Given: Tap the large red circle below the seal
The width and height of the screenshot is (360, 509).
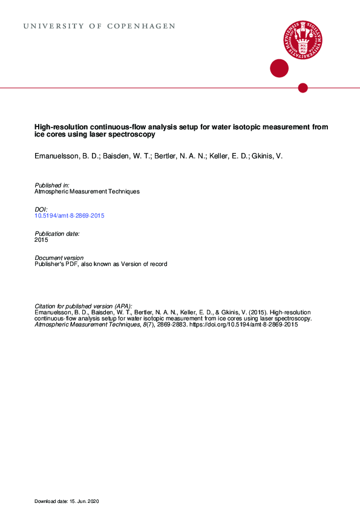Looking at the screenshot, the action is (x=279, y=68).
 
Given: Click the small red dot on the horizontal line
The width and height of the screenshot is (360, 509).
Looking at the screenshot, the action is (x=303, y=88).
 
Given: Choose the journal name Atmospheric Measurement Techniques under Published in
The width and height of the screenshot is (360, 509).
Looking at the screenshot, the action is (x=87, y=191).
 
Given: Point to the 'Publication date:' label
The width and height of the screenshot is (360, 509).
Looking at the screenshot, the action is (x=57, y=233).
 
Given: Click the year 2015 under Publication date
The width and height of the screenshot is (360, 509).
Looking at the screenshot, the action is (x=42, y=240).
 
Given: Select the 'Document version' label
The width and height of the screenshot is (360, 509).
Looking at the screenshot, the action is (x=59, y=258).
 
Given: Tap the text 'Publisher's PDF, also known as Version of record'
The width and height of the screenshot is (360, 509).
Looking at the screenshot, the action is (x=101, y=264).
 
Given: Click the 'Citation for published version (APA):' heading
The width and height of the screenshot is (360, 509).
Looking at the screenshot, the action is (x=83, y=306).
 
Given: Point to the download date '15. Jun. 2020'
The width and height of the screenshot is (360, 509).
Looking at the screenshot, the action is (x=84, y=502).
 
